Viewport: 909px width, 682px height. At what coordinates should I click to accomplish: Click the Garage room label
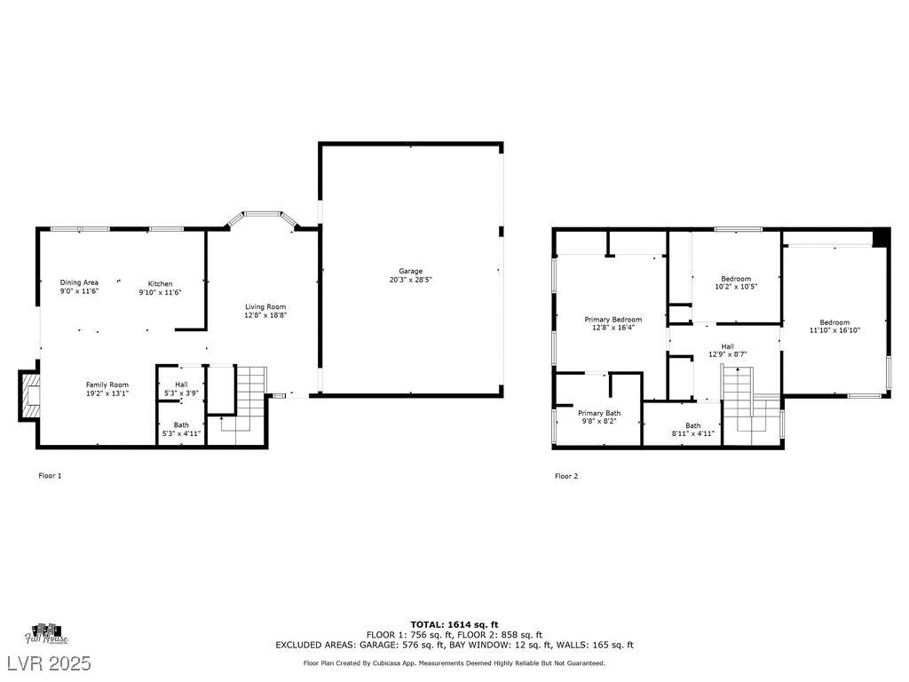[410, 275]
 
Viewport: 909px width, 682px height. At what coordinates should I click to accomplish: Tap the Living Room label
[265, 311]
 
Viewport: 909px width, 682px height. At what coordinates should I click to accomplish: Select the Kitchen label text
[160, 289]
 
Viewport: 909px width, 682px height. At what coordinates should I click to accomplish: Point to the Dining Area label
[79, 287]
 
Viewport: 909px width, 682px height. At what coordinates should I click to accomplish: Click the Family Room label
[107, 389]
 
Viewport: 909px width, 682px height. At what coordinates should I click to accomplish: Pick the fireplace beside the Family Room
[29, 394]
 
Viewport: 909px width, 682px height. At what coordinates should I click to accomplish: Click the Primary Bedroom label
[613, 323]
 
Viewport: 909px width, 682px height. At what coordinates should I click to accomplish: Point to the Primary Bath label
[599, 417]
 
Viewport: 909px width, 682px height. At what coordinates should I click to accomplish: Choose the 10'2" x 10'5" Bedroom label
[736, 282]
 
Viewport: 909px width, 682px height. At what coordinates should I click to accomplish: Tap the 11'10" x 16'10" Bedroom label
[834, 327]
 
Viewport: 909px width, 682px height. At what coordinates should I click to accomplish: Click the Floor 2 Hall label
[728, 350]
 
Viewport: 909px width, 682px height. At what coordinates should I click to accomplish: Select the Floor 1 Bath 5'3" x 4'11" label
[181, 429]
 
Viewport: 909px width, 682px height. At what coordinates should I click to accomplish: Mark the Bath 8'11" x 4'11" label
[693, 429]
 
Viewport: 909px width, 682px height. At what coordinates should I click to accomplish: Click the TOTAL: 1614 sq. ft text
[454, 624]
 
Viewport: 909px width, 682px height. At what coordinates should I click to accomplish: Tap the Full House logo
[46, 634]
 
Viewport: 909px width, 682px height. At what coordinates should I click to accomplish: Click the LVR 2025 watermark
[50, 662]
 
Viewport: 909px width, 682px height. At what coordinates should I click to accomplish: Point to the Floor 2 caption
[566, 476]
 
